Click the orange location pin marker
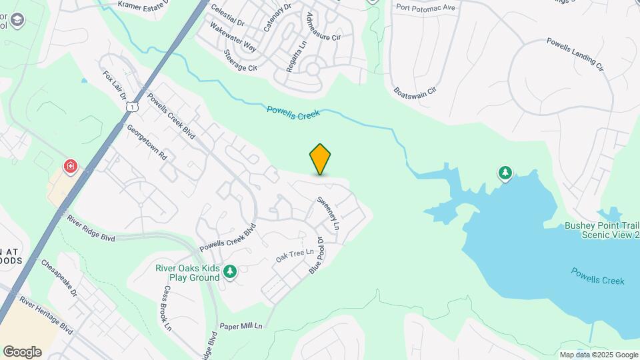(x=321, y=159)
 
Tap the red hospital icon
(x=69, y=166)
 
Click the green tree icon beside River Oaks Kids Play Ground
(x=230, y=271)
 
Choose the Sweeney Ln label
(x=328, y=213)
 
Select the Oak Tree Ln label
(x=295, y=255)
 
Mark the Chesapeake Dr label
(x=60, y=275)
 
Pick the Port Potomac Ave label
(x=425, y=7)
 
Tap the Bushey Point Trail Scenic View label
(x=602, y=230)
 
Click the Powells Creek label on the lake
(x=597, y=276)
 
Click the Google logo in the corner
(x=22, y=352)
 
